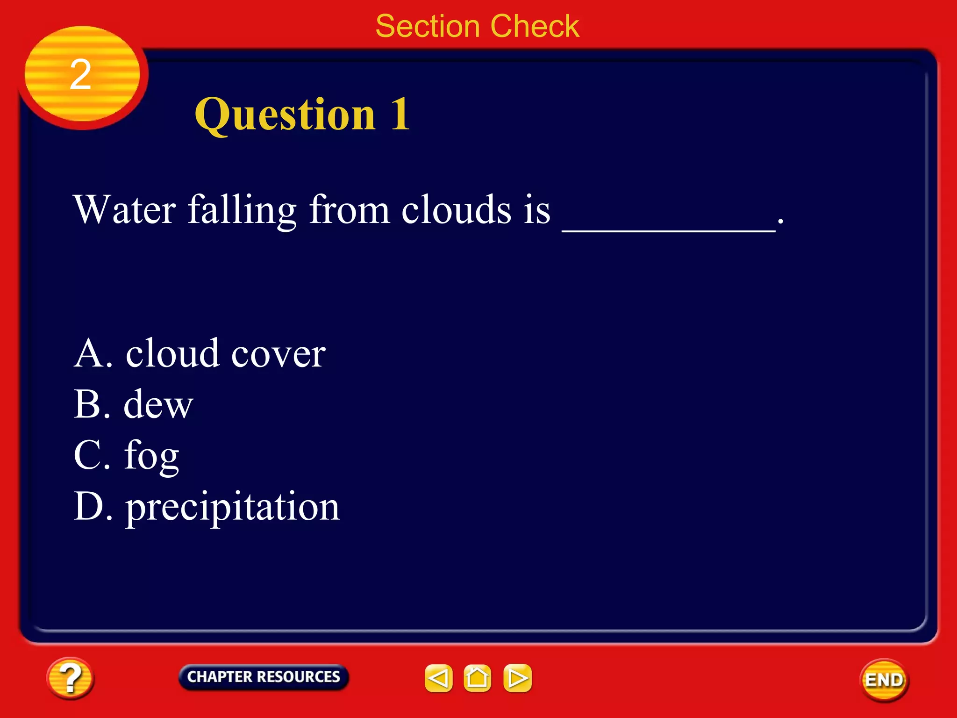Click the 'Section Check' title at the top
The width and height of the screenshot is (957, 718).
pyautogui.click(x=477, y=26)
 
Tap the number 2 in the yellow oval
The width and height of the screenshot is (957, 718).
pyautogui.click(x=80, y=75)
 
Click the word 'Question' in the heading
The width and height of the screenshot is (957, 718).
pyautogui.click(x=285, y=115)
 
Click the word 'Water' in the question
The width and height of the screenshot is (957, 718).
pyautogui.click(x=125, y=210)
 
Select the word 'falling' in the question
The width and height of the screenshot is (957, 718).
pyautogui.click(x=242, y=210)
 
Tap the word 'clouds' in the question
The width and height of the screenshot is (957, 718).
pyautogui.click(x=456, y=210)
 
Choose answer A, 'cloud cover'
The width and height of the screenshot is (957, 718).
pyautogui.click(x=200, y=353)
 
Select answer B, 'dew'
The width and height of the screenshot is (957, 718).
pyautogui.click(x=133, y=404)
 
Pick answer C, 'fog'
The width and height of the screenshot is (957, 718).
pyautogui.click(x=126, y=455)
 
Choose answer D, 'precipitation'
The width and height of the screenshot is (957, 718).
pyautogui.click(x=207, y=507)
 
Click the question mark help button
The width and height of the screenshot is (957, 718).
pyautogui.click(x=70, y=678)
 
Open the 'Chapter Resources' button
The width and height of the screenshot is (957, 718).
pyautogui.click(x=264, y=677)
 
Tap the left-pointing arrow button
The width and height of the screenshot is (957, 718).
pyautogui.click(x=438, y=678)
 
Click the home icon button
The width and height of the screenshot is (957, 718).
pyautogui.click(x=477, y=678)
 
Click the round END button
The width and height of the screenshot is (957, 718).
pyautogui.click(x=884, y=680)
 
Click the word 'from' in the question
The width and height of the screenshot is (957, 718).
pyautogui.click(x=349, y=210)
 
